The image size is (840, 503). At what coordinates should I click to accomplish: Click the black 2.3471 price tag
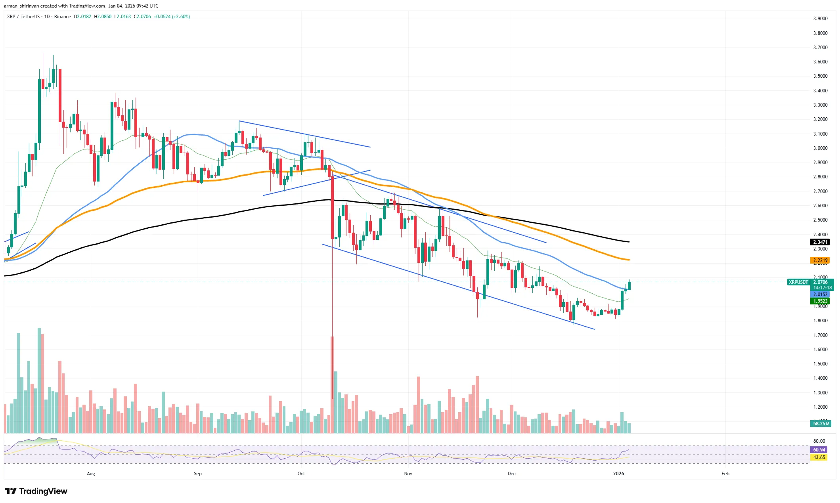tap(820, 242)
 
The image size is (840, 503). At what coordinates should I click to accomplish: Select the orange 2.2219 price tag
tap(820, 260)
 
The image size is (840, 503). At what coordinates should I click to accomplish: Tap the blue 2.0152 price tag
tap(820, 294)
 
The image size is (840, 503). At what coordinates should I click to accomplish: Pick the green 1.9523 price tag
tap(820, 301)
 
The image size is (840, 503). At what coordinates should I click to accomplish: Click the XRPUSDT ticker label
tap(798, 282)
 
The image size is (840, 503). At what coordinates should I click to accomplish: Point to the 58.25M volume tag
tap(821, 423)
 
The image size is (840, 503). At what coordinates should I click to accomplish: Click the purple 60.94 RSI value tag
tap(819, 449)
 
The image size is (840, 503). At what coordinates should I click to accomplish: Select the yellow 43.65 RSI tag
tap(819, 457)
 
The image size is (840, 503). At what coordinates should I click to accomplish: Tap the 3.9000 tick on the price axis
tap(820, 19)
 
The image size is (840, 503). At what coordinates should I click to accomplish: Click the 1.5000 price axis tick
tap(820, 364)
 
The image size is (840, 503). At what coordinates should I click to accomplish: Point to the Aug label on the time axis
tap(91, 474)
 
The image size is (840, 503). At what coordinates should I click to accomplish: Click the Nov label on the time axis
tap(408, 474)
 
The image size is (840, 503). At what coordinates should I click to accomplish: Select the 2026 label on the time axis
tap(618, 474)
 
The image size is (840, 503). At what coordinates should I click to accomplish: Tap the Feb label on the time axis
tap(725, 474)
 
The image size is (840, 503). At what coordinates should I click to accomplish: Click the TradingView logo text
tap(43, 491)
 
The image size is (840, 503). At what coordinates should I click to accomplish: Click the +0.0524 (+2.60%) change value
tap(172, 17)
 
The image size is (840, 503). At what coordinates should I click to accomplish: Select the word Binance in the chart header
tap(63, 17)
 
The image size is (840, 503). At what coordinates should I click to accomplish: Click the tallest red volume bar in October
tap(332, 384)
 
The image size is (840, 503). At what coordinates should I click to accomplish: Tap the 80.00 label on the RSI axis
tap(819, 441)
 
